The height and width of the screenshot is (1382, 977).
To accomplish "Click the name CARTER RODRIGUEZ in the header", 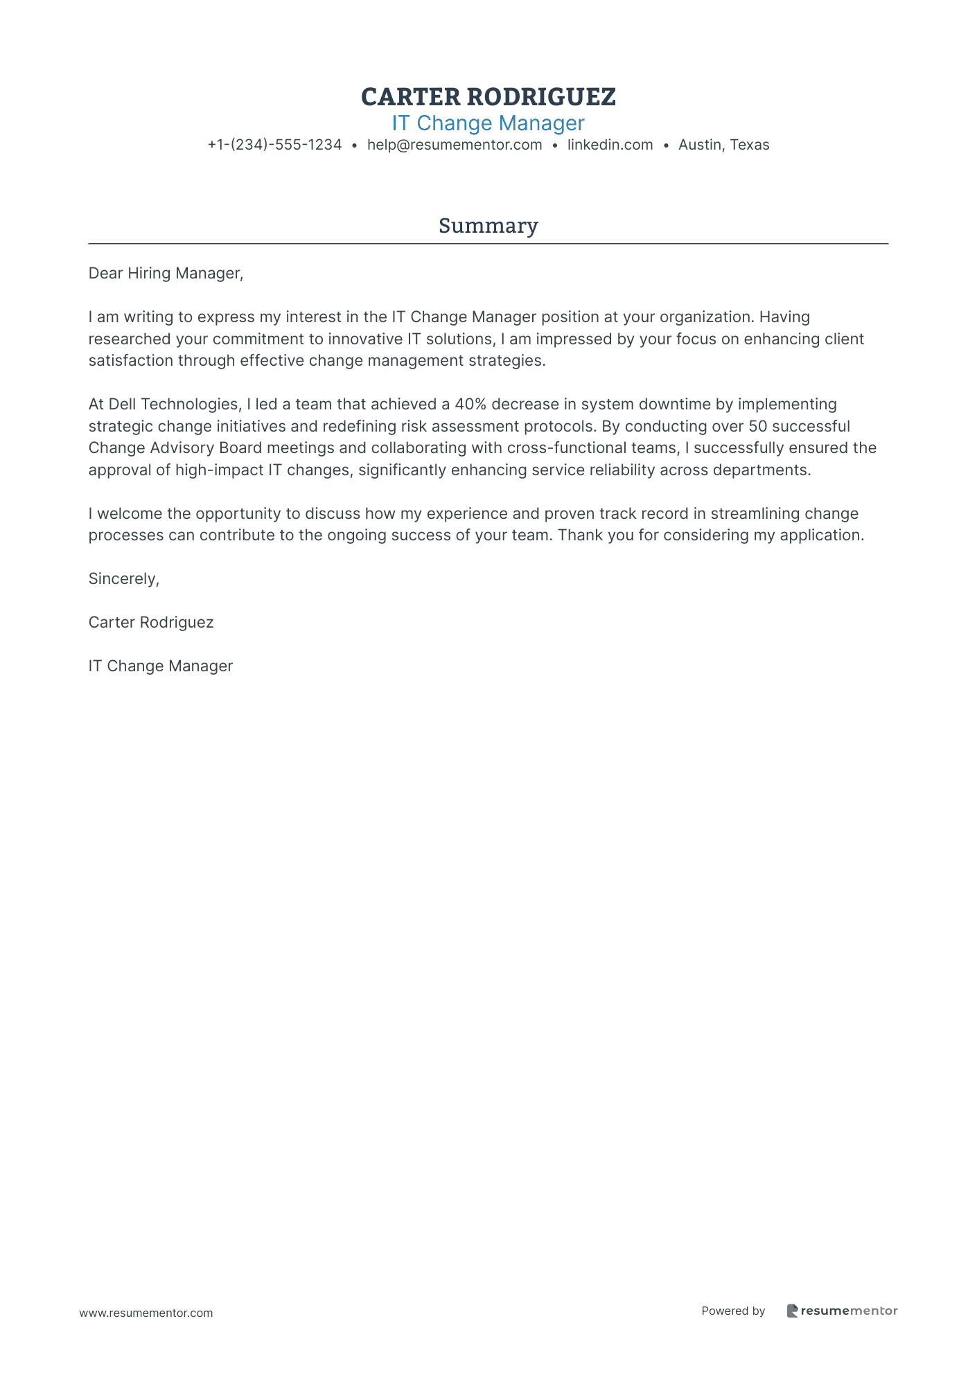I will [x=488, y=97].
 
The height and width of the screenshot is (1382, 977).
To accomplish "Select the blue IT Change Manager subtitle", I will [x=488, y=123].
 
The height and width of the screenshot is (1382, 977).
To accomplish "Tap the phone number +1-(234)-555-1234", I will [x=274, y=145].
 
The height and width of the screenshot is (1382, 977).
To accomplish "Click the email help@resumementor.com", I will [x=455, y=145].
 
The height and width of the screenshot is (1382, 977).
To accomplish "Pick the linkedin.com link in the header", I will [x=610, y=145].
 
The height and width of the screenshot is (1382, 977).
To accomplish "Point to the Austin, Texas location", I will [x=723, y=145].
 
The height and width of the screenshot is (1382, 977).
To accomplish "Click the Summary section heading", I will [x=488, y=226].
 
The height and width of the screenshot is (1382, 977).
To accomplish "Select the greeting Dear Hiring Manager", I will [x=166, y=274].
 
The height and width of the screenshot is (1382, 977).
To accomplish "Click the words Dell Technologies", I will [x=173, y=405].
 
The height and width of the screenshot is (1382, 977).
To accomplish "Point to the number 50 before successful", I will [x=758, y=426].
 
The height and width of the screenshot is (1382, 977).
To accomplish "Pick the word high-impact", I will [x=220, y=470].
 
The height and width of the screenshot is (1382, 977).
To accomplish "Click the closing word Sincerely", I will [x=123, y=579].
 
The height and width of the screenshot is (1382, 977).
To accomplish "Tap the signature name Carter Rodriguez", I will [x=151, y=623].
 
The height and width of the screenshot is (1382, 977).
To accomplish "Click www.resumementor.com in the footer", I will [x=146, y=1313].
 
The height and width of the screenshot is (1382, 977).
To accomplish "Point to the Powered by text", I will [x=733, y=1311].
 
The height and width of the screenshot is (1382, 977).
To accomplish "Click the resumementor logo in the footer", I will [x=842, y=1311].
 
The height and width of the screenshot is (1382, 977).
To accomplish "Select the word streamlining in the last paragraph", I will [x=755, y=514].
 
